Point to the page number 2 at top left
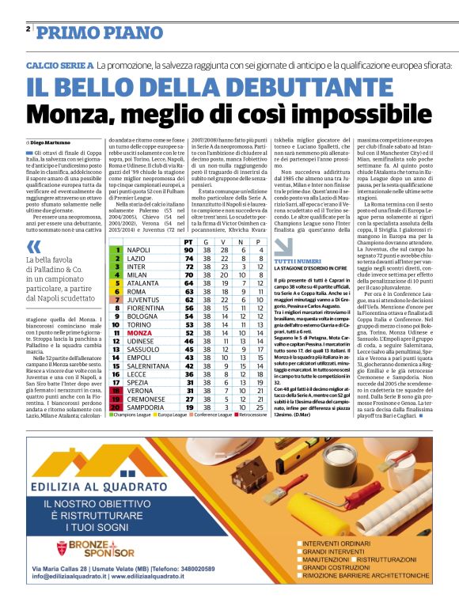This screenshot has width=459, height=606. tap(28, 29)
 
